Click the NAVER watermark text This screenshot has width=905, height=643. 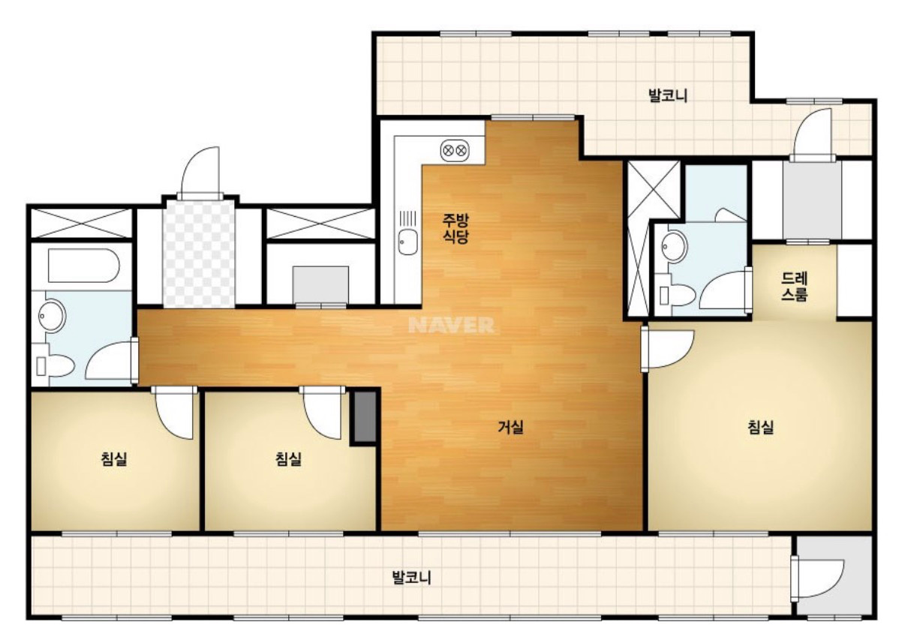coord(451,325)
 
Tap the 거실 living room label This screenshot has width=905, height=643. coord(511,427)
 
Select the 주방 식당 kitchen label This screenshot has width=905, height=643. coord(456,229)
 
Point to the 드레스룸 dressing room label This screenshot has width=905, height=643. coord(794,287)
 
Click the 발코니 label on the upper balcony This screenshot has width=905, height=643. coord(668,96)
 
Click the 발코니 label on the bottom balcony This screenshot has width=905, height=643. coord(412,578)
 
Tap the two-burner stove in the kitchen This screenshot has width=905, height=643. coord(455,151)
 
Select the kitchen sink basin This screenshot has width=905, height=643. coord(407,242)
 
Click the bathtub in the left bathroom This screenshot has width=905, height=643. coord(83,266)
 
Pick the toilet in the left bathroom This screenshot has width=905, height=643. coord(55,365)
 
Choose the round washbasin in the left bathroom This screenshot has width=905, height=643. coord(52,316)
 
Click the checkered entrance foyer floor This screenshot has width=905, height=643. coord(198,253)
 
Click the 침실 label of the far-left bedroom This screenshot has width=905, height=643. coord(114,459)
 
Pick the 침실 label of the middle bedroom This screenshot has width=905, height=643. coord(288,459)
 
